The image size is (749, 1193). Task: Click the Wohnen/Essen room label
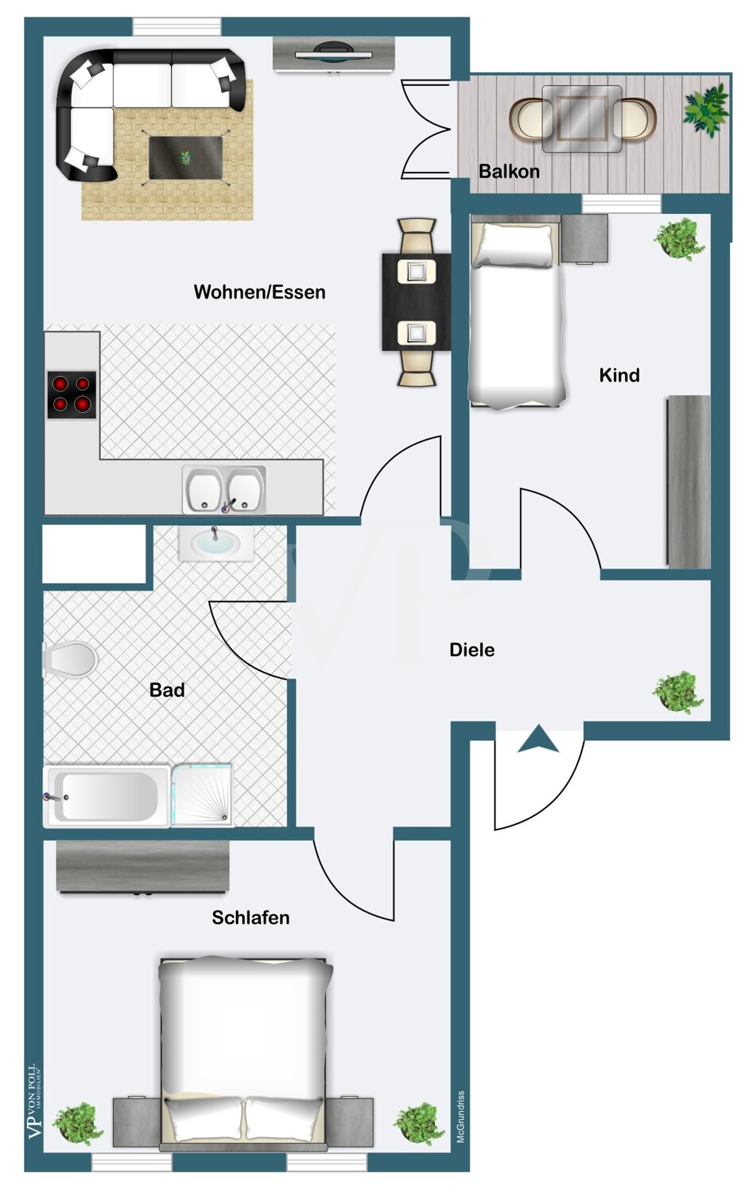(x=259, y=293)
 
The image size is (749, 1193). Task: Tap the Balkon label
(x=509, y=172)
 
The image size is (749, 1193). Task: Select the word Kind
(x=619, y=375)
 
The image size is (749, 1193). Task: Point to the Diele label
(x=472, y=650)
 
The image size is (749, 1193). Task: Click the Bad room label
(x=167, y=690)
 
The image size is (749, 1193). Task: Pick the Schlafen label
(x=250, y=918)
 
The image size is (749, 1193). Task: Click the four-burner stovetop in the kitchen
(x=72, y=394)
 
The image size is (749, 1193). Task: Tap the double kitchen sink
(x=224, y=489)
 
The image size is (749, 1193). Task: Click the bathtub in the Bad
(x=107, y=797)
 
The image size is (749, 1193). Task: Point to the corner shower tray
(x=202, y=795)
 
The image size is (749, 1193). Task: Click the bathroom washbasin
(x=215, y=543)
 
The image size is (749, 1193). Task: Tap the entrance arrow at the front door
(x=538, y=739)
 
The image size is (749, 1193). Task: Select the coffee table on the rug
(x=186, y=157)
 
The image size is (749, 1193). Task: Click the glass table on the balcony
(x=582, y=119)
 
